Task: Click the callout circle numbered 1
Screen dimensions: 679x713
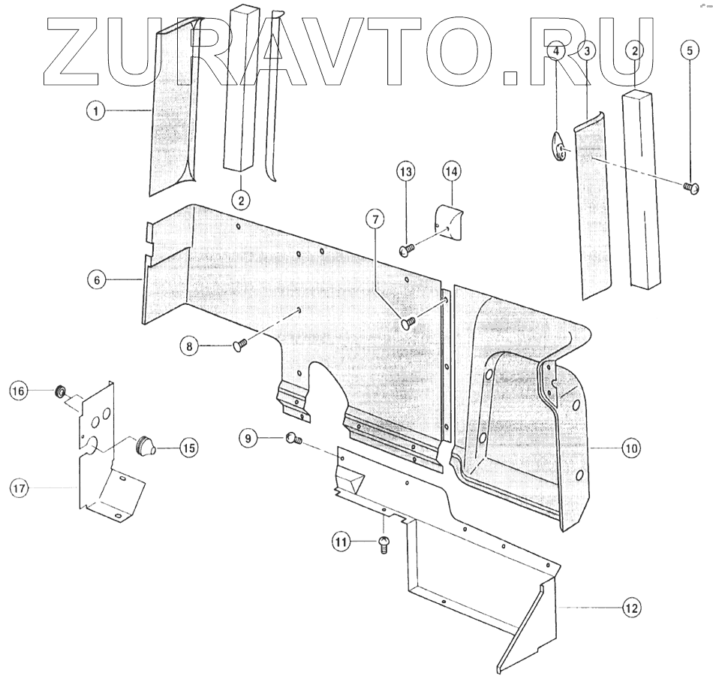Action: (95, 110)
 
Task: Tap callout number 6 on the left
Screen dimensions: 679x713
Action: (95, 280)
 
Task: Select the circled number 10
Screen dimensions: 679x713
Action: (630, 448)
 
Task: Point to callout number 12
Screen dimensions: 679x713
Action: (631, 608)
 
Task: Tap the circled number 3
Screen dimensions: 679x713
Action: (587, 51)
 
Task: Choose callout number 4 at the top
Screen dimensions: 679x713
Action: (556, 51)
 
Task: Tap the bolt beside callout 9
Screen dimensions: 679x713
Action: (293, 439)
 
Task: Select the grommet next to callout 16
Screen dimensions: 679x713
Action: (59, 391)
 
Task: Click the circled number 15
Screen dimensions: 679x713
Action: (187, 448)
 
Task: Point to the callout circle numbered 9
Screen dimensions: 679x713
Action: (249, 438)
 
